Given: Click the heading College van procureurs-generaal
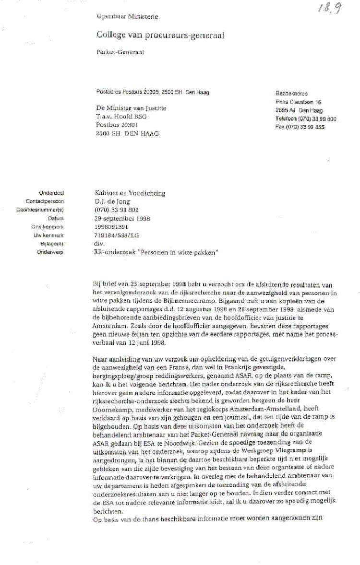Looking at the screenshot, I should [x=160, y=35].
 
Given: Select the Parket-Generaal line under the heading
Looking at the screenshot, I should [x=114, y=53].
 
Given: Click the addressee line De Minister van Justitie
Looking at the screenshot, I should [x=131, y=108].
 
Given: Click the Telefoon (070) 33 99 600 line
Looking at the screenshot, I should [x=306, y=118].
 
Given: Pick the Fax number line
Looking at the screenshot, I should [x=300, y=127].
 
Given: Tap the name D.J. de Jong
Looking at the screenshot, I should [x=112, y=202].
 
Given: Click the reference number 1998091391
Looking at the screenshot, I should [x=112, y=226].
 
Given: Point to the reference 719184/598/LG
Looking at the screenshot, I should [x=118, y=235].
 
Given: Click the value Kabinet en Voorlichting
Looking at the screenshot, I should [x=130, y=193].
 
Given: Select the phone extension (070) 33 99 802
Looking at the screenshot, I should [x=116, y=210].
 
